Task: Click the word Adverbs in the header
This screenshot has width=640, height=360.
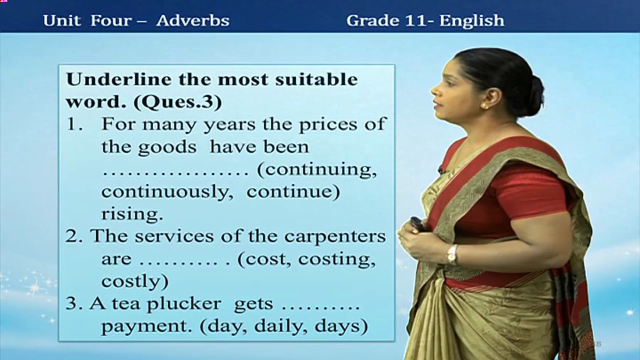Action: point(193,20)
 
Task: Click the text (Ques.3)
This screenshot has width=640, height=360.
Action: point(177,102)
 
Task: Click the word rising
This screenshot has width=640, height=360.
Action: point(132,214)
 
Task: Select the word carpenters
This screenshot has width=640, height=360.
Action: point(335,237)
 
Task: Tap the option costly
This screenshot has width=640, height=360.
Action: point(135,281)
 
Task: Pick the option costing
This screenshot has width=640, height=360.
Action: point(337,259)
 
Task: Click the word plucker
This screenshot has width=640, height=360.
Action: point(184,304)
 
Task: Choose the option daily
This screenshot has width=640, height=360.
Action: point(278,326)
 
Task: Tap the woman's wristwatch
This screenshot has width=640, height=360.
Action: point(452,255)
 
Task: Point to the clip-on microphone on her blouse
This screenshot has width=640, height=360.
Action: point(441,170)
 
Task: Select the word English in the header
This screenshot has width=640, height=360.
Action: point(471,20)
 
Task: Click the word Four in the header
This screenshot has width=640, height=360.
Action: point(111,20)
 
